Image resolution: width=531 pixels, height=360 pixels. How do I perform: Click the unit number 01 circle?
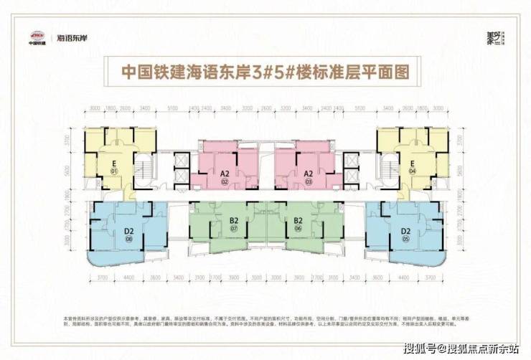pos(114,172)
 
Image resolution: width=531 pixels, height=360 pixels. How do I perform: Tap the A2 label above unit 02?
pos(224,174)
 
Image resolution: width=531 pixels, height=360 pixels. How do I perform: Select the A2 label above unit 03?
pos(308,174)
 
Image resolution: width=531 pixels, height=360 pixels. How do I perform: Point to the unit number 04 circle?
pos(413,172)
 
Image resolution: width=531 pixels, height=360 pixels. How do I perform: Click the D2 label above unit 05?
pos(405,231)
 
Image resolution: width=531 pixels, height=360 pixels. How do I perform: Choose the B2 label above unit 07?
pos(234,221)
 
